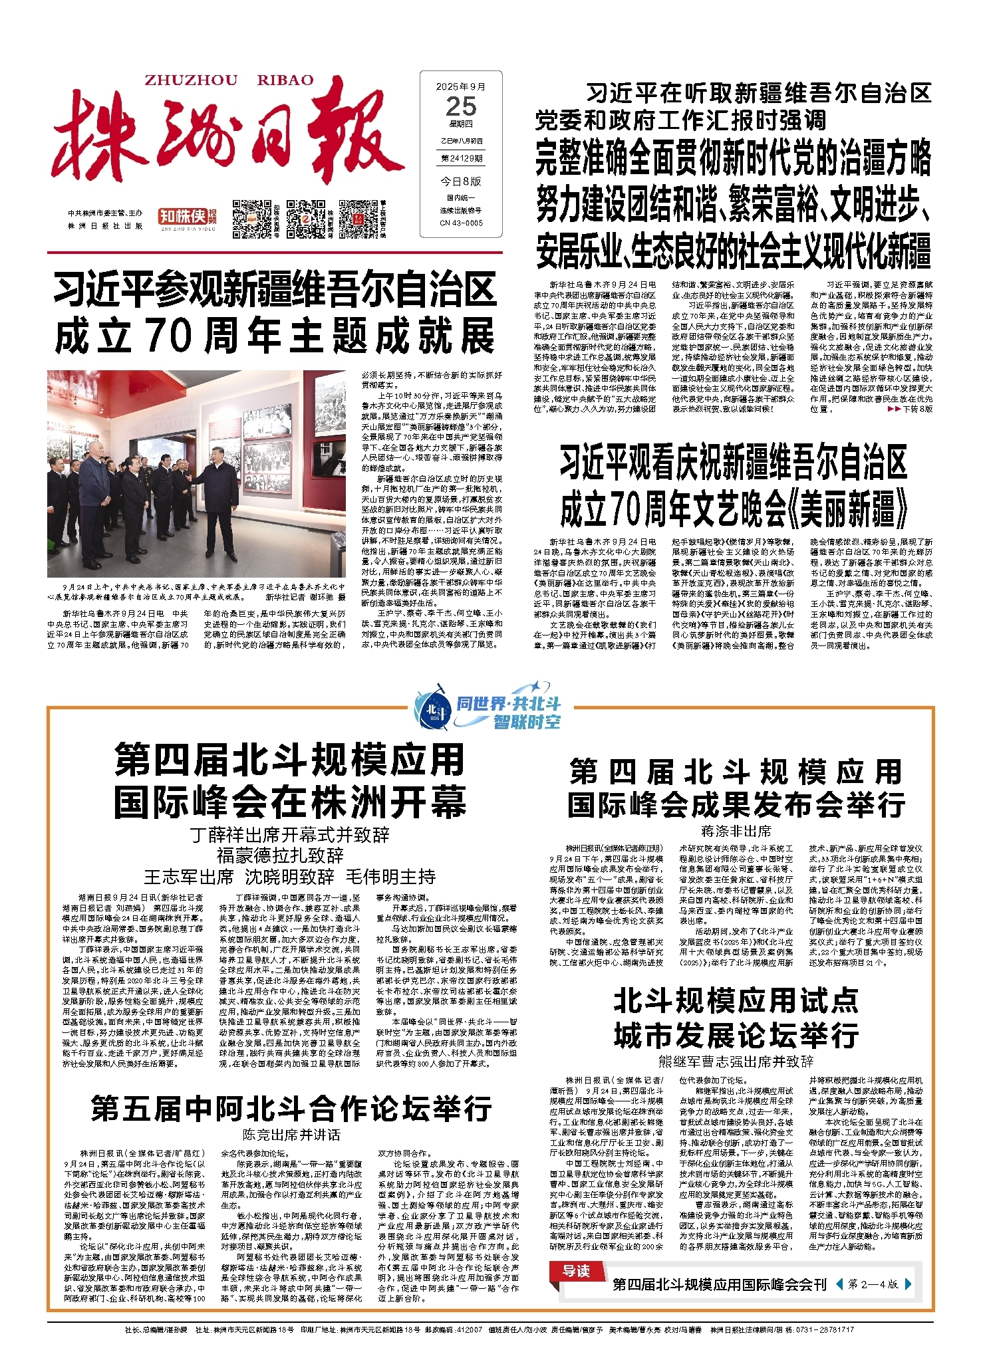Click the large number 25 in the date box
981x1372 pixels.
(x=461, y=106)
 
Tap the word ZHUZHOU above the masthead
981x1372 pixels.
(x=191, y=80)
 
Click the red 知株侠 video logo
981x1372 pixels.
(x=182, y=216)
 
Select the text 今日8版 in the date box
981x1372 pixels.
(x=461, y=181)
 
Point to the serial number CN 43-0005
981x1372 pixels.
(x=461, y=223)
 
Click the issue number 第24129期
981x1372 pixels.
(x=461, y=158)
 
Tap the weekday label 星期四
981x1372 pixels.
(x=461, y=124)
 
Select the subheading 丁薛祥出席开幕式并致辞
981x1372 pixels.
(x=290, y=835)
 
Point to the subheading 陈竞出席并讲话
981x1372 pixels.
(x=291, y=1134)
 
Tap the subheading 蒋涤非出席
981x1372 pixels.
(x=736, y=831)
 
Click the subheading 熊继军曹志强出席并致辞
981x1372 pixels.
(x=736, y=1062)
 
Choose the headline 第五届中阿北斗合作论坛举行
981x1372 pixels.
(x=291, y=1108)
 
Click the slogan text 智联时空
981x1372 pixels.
(x=527, y=721)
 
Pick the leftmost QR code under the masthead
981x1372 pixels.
(x=249, y=216)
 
